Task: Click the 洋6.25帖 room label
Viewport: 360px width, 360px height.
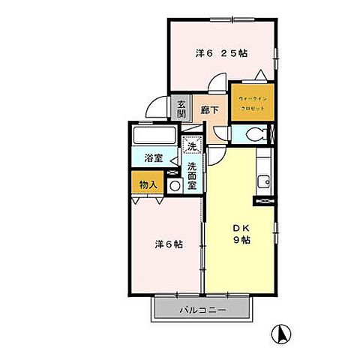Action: pyautogui.click(x=222, y=53)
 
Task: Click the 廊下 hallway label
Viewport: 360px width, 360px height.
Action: pyautogui.click(x=210, y=110)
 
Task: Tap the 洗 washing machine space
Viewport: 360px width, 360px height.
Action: pyautogui.click(x=192, y=147)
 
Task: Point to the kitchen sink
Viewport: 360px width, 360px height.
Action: pyautogui.click(x=264, y=181)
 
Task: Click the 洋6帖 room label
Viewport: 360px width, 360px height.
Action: pyautogui.click(x=169, y=244)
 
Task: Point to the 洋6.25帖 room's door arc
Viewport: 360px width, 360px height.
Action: pyautogui.click(x=218, y=82)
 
